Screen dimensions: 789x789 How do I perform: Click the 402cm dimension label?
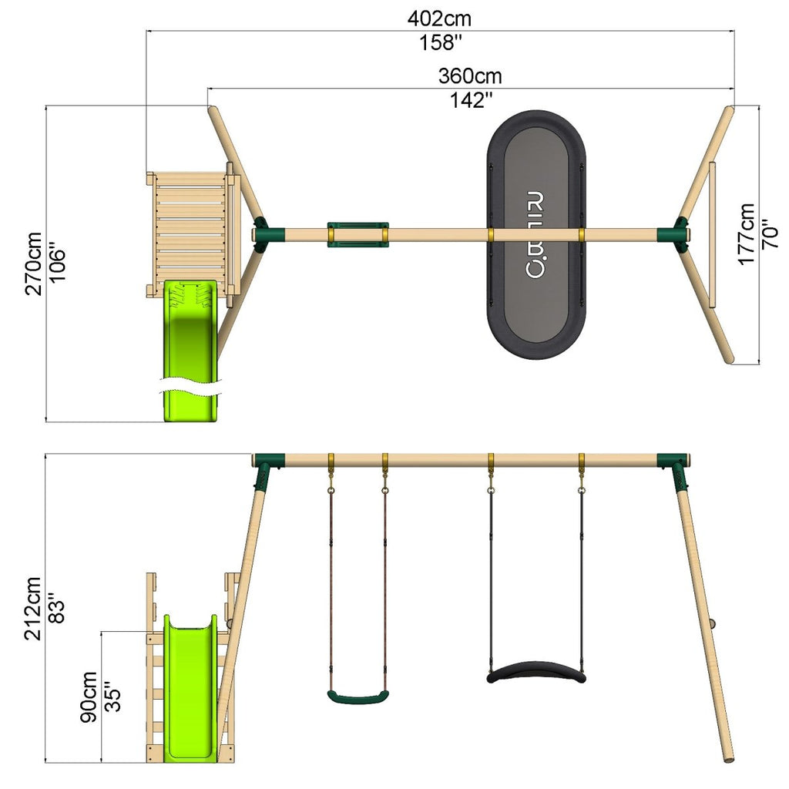coord(439,18)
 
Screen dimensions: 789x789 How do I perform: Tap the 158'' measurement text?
coord(441,43)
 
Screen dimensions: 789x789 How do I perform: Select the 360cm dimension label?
coord(470,76)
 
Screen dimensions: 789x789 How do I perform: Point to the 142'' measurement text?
coord(471,100)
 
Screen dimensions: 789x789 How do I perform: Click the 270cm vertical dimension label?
coord(34,264)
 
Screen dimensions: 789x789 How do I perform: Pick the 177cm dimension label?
coord(746,234)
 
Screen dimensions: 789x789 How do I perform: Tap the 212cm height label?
coord(33,609)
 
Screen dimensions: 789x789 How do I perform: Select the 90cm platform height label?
coord(89,697)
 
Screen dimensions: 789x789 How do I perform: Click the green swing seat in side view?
coord(358,697)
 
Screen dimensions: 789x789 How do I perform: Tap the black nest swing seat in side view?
coord(536,672)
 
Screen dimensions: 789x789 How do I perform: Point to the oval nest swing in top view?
coord(536,234)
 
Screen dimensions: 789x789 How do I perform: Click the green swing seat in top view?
coord(358,235)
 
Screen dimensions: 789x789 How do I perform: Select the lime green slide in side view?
coord(191,688)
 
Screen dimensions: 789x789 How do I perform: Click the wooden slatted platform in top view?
coord(191,235)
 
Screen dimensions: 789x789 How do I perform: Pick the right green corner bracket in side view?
coord(675,470)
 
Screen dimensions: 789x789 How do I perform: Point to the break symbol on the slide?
coord(191,387)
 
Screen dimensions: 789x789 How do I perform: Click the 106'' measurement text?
coord(57,264)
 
